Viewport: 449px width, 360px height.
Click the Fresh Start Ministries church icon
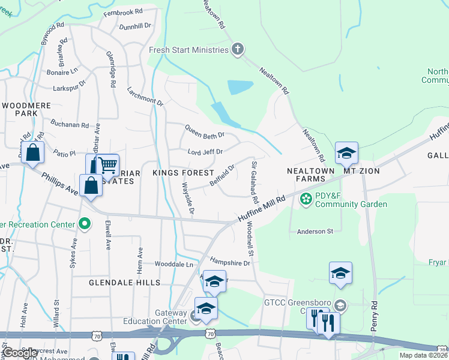(x=238, y=50)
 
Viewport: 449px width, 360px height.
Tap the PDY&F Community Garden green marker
(x=306, y=198)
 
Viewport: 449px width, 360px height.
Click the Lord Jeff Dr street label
(x=205, y=152)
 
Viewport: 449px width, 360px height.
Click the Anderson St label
(x=315, y=231)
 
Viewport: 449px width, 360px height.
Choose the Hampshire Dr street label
(x=229, y=262)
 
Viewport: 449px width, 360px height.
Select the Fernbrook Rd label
(x=122, y=11)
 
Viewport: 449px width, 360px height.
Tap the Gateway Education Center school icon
(x=206, y=308)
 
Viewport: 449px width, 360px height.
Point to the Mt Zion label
(x=362, y=171)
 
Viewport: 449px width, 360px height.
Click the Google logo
(x=20, y=353)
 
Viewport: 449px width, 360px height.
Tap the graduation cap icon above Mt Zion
(x=346, y=153)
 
